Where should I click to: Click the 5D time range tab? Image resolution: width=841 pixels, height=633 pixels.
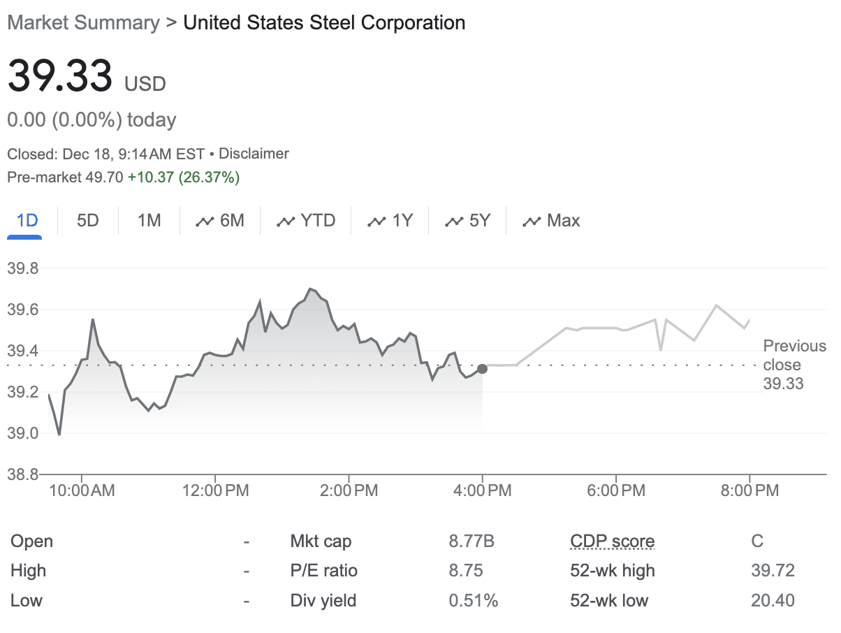(x=88, y=221)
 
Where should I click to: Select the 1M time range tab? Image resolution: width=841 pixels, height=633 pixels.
(x=149, y=221)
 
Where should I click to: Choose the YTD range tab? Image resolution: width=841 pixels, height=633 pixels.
(x=306, y=221)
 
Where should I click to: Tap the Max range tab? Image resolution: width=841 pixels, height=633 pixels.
(x=551, y=221)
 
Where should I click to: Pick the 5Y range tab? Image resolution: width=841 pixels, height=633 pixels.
(x=467, y=221)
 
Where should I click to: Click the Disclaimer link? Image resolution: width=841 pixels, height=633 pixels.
(x=254, y=154)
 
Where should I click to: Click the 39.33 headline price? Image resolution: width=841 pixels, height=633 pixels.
(x=60, y=75)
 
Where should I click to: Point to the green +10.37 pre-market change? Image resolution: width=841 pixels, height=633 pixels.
(x=151, y=177)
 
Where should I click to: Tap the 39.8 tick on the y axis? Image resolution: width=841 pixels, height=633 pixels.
(x=23, y=268)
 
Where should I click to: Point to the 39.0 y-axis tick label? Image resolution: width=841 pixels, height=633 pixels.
(x=23, y=433)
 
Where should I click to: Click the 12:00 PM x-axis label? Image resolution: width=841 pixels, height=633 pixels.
(x=215, y=490)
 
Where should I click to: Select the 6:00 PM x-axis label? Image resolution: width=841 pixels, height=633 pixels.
(x=616, y=490)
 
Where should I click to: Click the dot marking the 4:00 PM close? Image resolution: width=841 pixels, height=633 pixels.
(x=483, y=369)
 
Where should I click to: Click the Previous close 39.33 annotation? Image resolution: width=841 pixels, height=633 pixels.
(x=795, y=365)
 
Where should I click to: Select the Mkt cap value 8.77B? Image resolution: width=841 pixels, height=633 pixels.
(x=471, y=541)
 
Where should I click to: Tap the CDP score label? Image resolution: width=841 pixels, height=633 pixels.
(x=613, y=541)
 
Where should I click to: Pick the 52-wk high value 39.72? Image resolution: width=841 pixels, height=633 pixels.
(x=773, y=571)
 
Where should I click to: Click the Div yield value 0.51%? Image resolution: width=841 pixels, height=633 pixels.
(x=473, y=600)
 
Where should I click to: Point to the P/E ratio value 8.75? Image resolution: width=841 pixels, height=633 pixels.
(x=465, y=571)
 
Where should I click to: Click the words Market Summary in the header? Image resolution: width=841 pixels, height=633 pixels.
(x=84, y=22)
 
